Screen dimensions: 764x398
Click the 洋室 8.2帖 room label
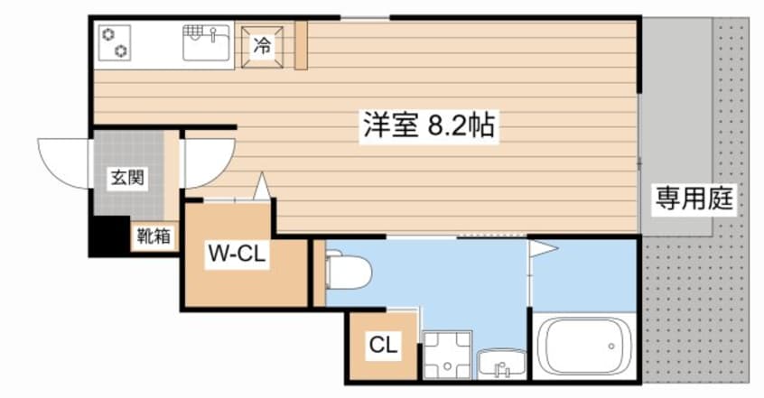429,125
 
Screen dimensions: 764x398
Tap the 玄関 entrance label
127,177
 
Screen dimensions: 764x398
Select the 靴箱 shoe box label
154,236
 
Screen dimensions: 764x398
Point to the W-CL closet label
238,253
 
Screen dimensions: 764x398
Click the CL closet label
384,345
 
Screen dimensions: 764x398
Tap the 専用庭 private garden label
694,199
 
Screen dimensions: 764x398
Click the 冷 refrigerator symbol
262,46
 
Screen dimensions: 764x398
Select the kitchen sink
206,43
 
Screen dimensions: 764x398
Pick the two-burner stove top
115,43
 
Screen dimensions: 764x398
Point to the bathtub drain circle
611,347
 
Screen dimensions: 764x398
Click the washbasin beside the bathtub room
501,364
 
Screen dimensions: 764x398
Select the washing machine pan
447,355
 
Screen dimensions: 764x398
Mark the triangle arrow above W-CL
262,186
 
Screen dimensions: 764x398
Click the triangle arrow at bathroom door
544,249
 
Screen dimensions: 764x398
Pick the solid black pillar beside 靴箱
110,236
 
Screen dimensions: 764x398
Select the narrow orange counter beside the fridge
301,45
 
